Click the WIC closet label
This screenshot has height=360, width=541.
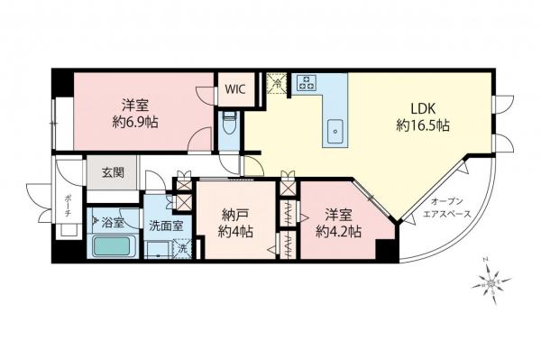click(234, 89)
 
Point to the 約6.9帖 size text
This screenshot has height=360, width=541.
click(136, 121)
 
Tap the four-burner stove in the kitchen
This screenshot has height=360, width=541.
click(307, 84)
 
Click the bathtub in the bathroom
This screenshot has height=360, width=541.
click(113, 245)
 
